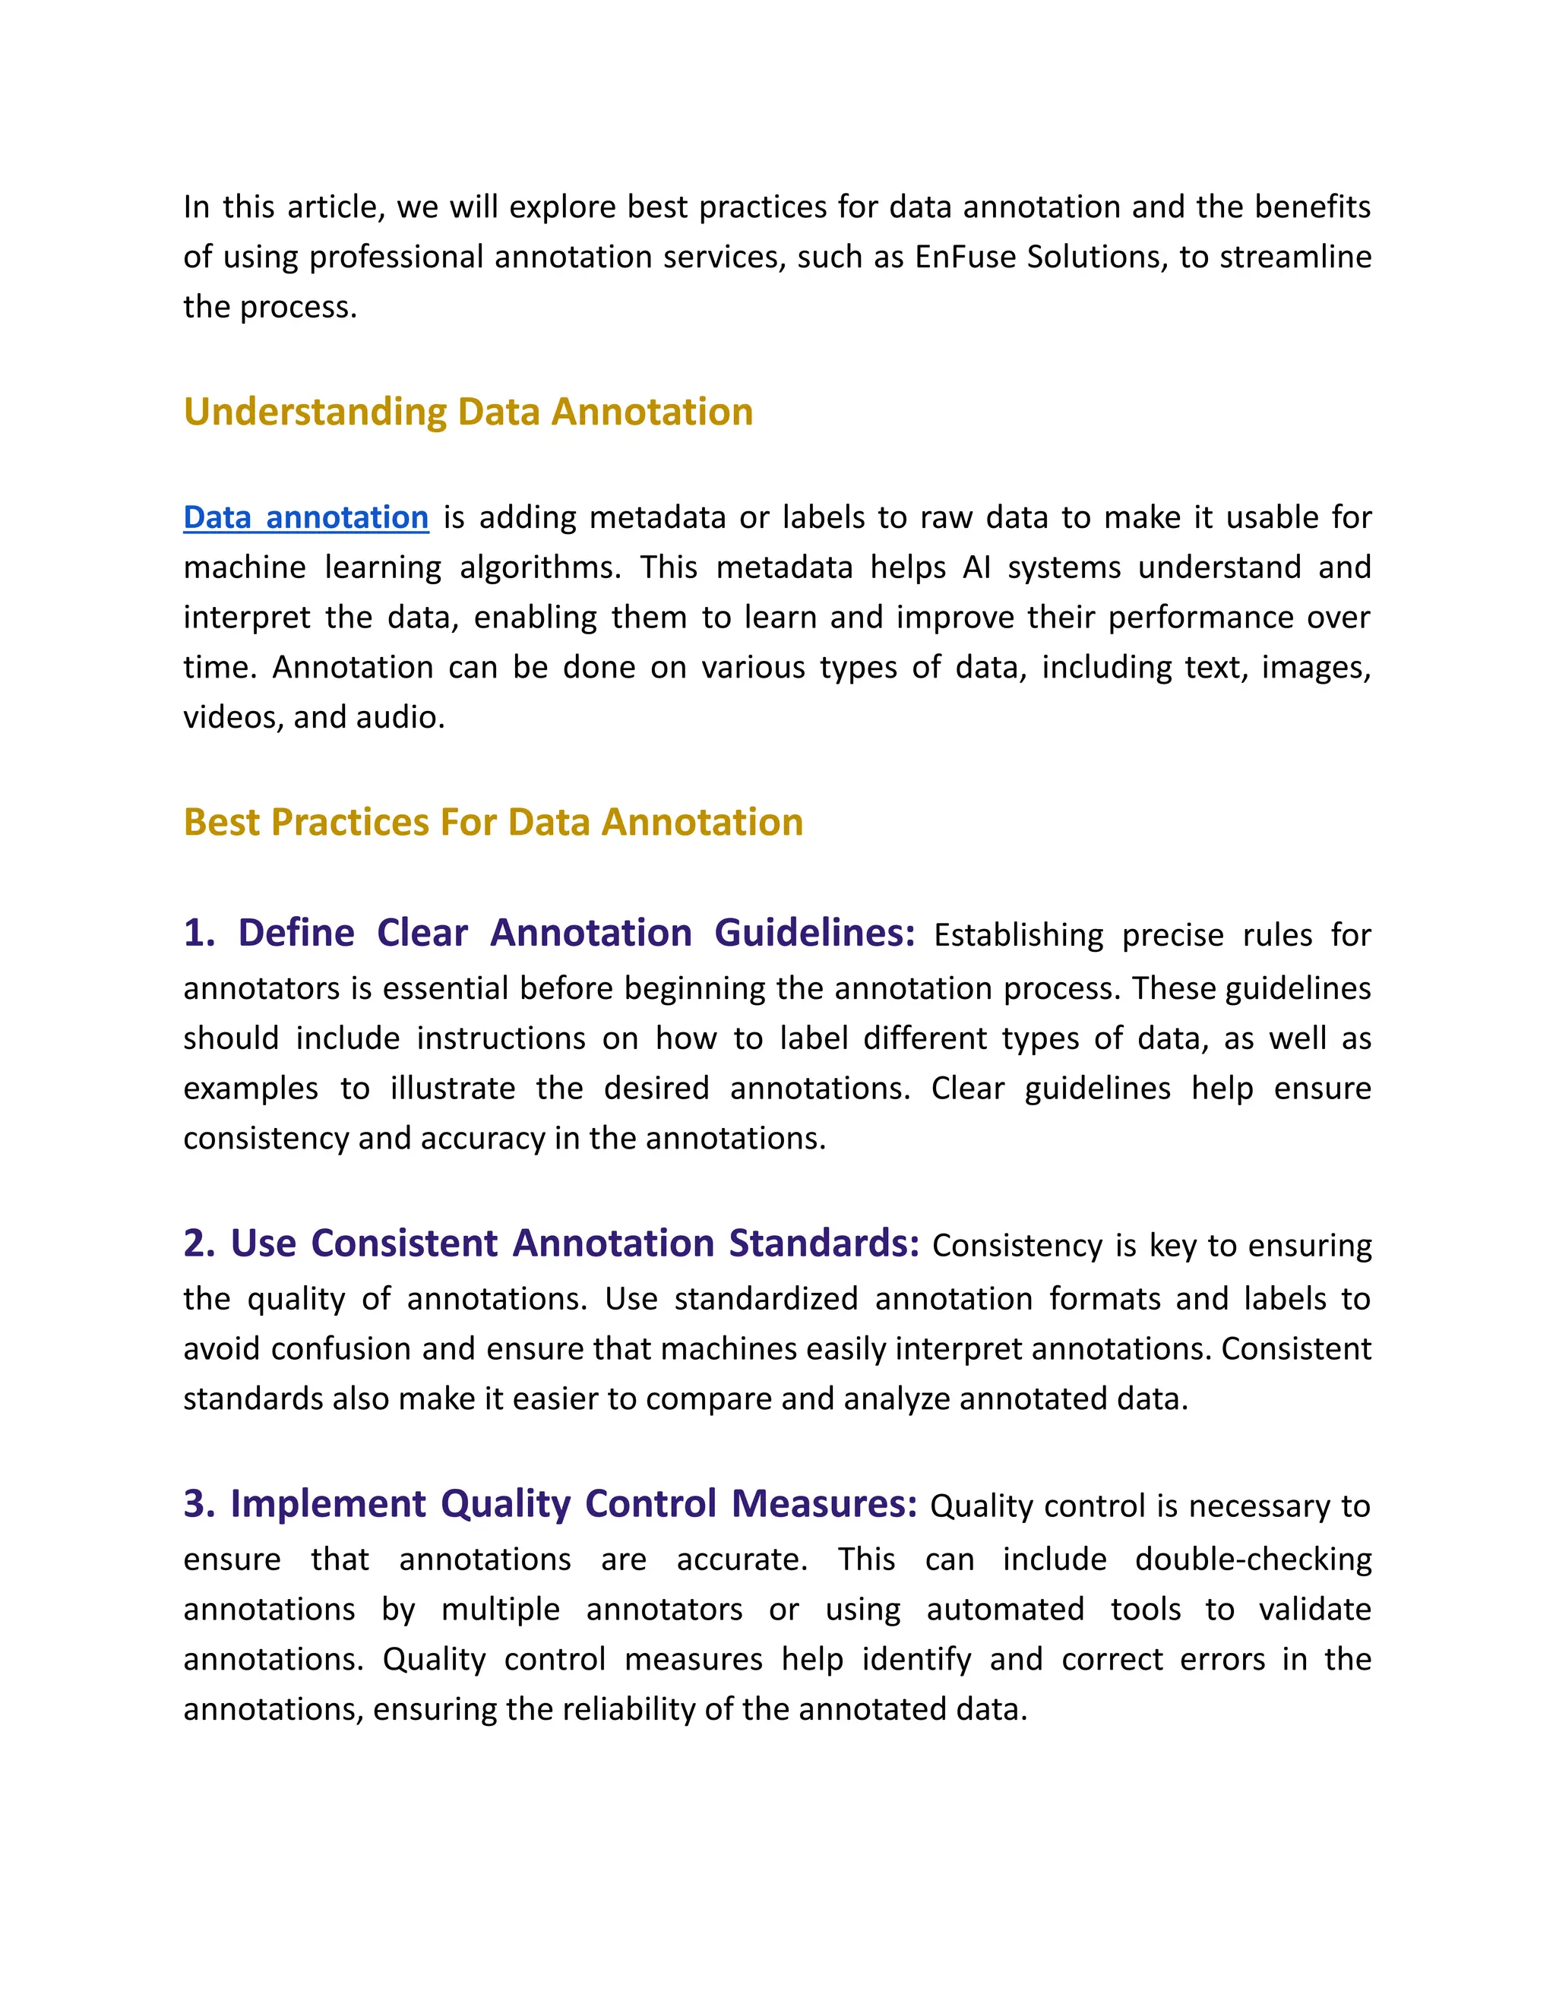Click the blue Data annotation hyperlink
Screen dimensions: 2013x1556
coord(306,517)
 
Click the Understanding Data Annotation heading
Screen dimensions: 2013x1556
coord(468,411)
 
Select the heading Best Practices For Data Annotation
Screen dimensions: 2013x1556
coord(493,822)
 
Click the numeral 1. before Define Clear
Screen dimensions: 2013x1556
coord(199,933)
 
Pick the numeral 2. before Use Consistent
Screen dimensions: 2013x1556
coord(199,1244)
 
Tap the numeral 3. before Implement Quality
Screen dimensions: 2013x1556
coord(199,1503)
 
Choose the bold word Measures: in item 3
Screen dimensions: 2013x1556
coord(824,1503)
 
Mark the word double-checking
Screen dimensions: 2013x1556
coord(1253,1560)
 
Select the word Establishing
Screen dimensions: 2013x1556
coord(1017,936)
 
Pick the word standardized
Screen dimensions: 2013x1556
coord(766,1300)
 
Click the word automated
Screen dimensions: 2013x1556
coord(1004,1610)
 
